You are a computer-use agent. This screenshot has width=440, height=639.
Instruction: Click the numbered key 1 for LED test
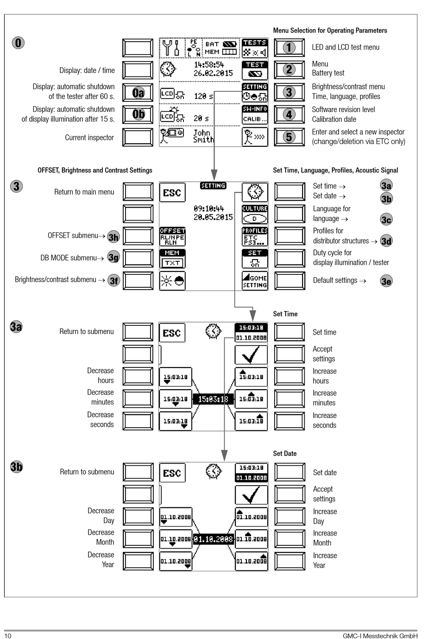[x=289, y=47]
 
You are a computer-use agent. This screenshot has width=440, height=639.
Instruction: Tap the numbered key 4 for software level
[x=289, y=114]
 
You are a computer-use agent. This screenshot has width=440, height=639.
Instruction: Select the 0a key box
[x=138, y=93]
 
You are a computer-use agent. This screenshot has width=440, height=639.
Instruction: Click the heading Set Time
[x=285, y=314]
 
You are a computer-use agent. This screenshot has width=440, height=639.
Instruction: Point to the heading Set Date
[x=285, y=453]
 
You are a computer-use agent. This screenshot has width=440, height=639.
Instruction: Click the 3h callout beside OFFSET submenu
[x=113, y=237]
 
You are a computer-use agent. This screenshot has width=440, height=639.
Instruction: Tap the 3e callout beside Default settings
[x=386, y=281]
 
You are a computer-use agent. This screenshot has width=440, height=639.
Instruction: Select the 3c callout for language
[x=386, y=220]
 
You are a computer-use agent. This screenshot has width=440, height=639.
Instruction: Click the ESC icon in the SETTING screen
[x=172, y=193]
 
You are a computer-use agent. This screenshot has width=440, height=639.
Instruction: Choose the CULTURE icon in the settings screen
[x=255, y=214]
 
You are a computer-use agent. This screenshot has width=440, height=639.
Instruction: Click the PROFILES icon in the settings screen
[x=255, y=236]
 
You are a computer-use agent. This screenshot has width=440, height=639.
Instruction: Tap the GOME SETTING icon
[x=255, y=281]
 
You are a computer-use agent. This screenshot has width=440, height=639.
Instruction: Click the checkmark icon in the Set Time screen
[x=251, y=355]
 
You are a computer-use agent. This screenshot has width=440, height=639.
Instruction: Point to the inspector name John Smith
[x=203, y=136]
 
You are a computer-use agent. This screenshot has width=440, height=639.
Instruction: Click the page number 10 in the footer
[x=8, y=635]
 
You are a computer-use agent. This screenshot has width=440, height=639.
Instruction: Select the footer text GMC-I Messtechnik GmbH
[x=380, y=636]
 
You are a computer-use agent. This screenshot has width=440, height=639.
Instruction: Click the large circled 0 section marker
[x=18, y=43]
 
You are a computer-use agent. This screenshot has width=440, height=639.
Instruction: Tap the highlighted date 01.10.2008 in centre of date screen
[x=213, y=539]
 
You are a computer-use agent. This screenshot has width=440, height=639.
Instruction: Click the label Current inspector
[x=89, y=138]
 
